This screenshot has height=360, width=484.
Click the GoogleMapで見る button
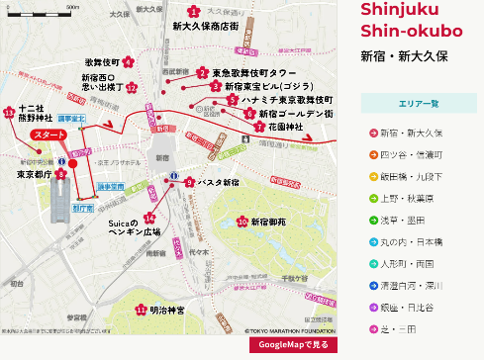coord(293,344)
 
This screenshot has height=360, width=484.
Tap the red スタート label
coord(48,134)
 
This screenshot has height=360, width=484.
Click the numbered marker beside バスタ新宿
coord(189,182)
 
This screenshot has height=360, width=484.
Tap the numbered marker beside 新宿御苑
coord(242,222)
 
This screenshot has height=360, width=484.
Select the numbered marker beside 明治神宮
coord(140,310)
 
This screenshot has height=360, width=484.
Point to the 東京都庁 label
coord(35,174)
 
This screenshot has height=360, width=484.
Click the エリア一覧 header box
coord(419,103)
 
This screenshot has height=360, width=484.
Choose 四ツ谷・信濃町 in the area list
coord(412,154)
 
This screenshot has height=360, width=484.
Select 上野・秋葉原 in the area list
coord(412,198)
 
